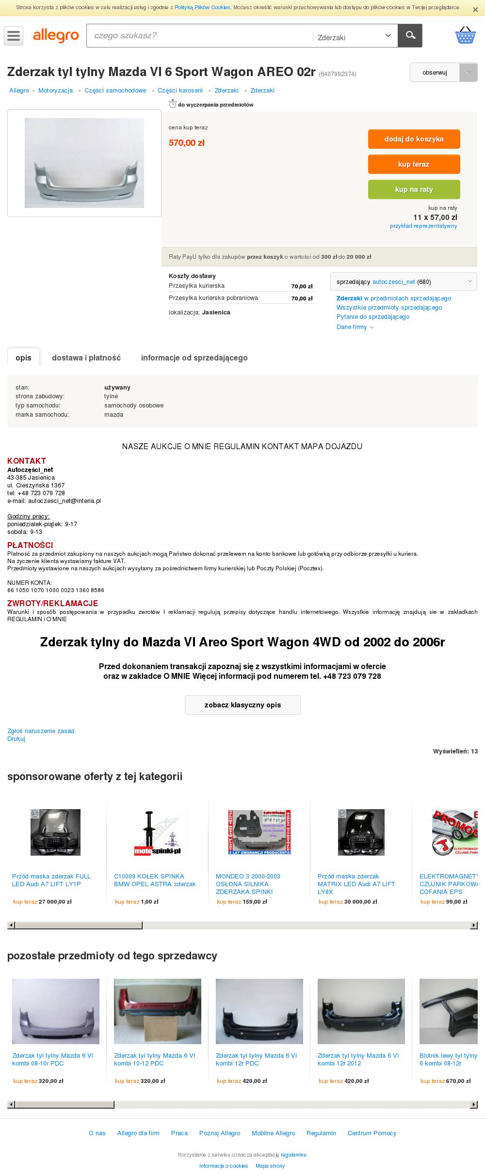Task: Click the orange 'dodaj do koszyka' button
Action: (x=414, y=139)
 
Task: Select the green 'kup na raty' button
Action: (x=414, y=189)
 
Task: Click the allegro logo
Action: (x=56, y=36)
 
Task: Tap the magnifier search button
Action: (x=410, y=35)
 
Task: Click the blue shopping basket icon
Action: (x=465, y=35)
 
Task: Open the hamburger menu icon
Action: (x=14, y=36)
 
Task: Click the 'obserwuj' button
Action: (x=435, y=73)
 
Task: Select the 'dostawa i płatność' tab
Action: (x=86, y=358)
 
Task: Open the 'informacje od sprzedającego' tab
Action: (x=194, y=358)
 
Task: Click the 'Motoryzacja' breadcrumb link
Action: (x=55, y=91)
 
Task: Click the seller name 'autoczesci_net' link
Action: (x=393, y=282)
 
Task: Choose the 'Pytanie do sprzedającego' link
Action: (x=373, y=317)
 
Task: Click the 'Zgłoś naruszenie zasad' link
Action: (x=41, y=731)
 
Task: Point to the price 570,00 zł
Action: (x=187, y=143)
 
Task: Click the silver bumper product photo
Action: (x=84, y=163)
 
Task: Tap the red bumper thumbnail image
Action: (x=157, y=1011)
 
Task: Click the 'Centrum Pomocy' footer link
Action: (x=372, y=1133)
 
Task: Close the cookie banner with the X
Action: (x=475, y=10)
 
